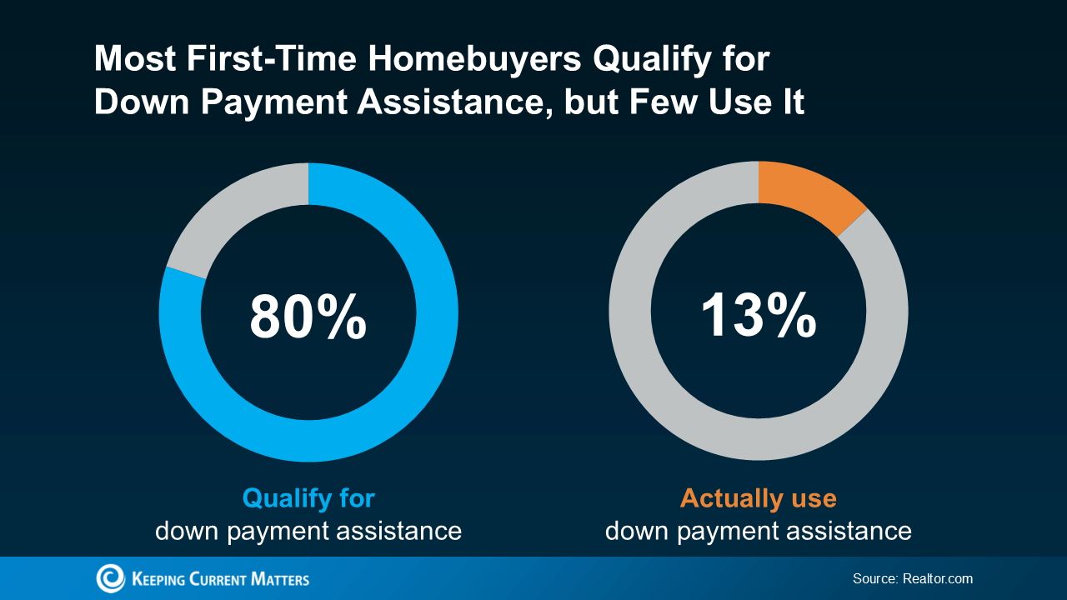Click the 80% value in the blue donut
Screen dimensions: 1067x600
[x=308, y=316]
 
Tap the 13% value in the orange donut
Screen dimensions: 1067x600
[x=759, y=315]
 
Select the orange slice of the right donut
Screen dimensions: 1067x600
[x=809, y=194]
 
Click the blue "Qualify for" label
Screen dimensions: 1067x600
[x=308, y=499]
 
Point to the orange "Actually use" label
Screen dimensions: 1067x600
[x=759, y=498]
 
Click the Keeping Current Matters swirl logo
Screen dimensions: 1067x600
[x=110, y=578]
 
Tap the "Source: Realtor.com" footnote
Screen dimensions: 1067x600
[x=913, y=578]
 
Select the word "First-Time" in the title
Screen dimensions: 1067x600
[x=271, y=58]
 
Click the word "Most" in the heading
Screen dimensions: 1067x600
[x=135, y=58]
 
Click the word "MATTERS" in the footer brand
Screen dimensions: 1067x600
[x=280, y=579]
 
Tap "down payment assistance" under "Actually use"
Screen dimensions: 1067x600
[x=759, y=532]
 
